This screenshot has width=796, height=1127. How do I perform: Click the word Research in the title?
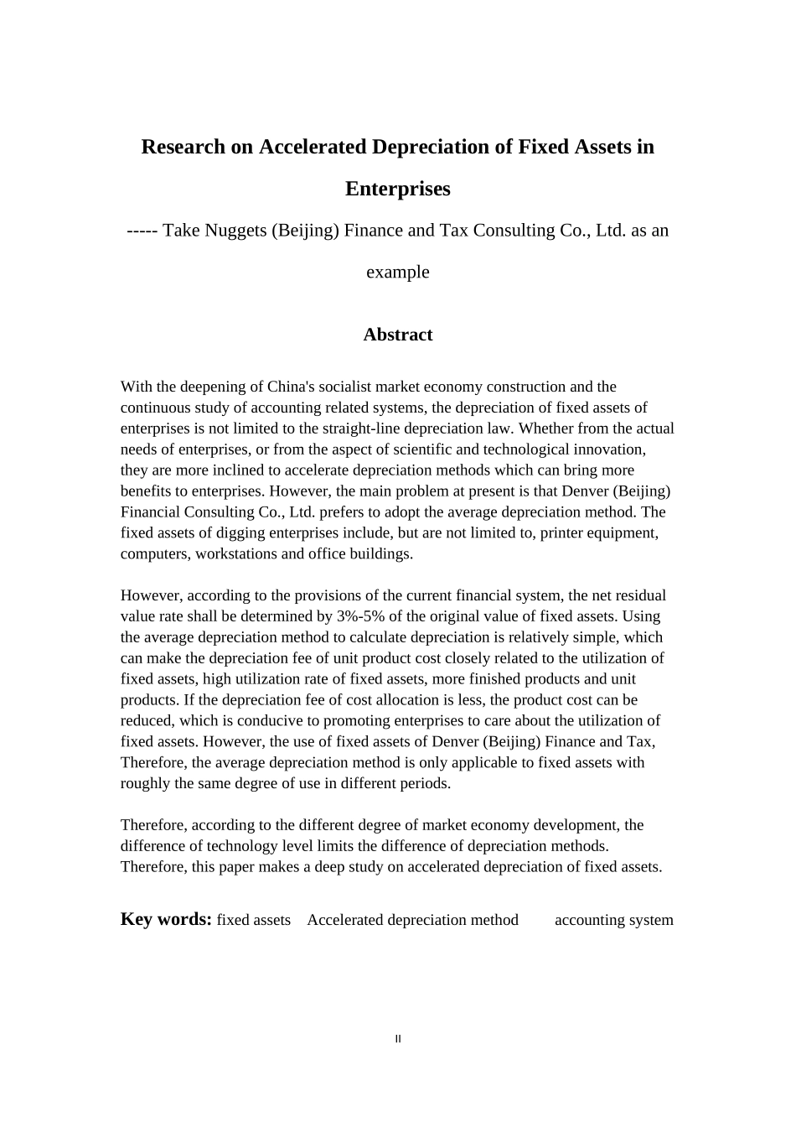(x=183, y=147)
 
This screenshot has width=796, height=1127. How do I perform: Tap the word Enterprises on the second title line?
(x=397, y=189)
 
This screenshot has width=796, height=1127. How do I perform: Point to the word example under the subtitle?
(x=397, y=272)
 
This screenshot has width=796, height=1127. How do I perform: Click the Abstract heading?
(x=397, y=335)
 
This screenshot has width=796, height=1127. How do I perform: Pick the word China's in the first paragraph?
(x=290, y=387)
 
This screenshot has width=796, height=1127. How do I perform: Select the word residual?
(x=639, y=595)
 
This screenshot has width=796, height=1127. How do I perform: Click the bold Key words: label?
(x=166, y=919)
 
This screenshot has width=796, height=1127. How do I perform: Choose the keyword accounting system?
(x=613, y=920)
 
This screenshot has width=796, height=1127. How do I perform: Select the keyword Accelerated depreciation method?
(x=412, y=920)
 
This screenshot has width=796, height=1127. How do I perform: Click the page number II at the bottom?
(x=398, y=1039)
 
